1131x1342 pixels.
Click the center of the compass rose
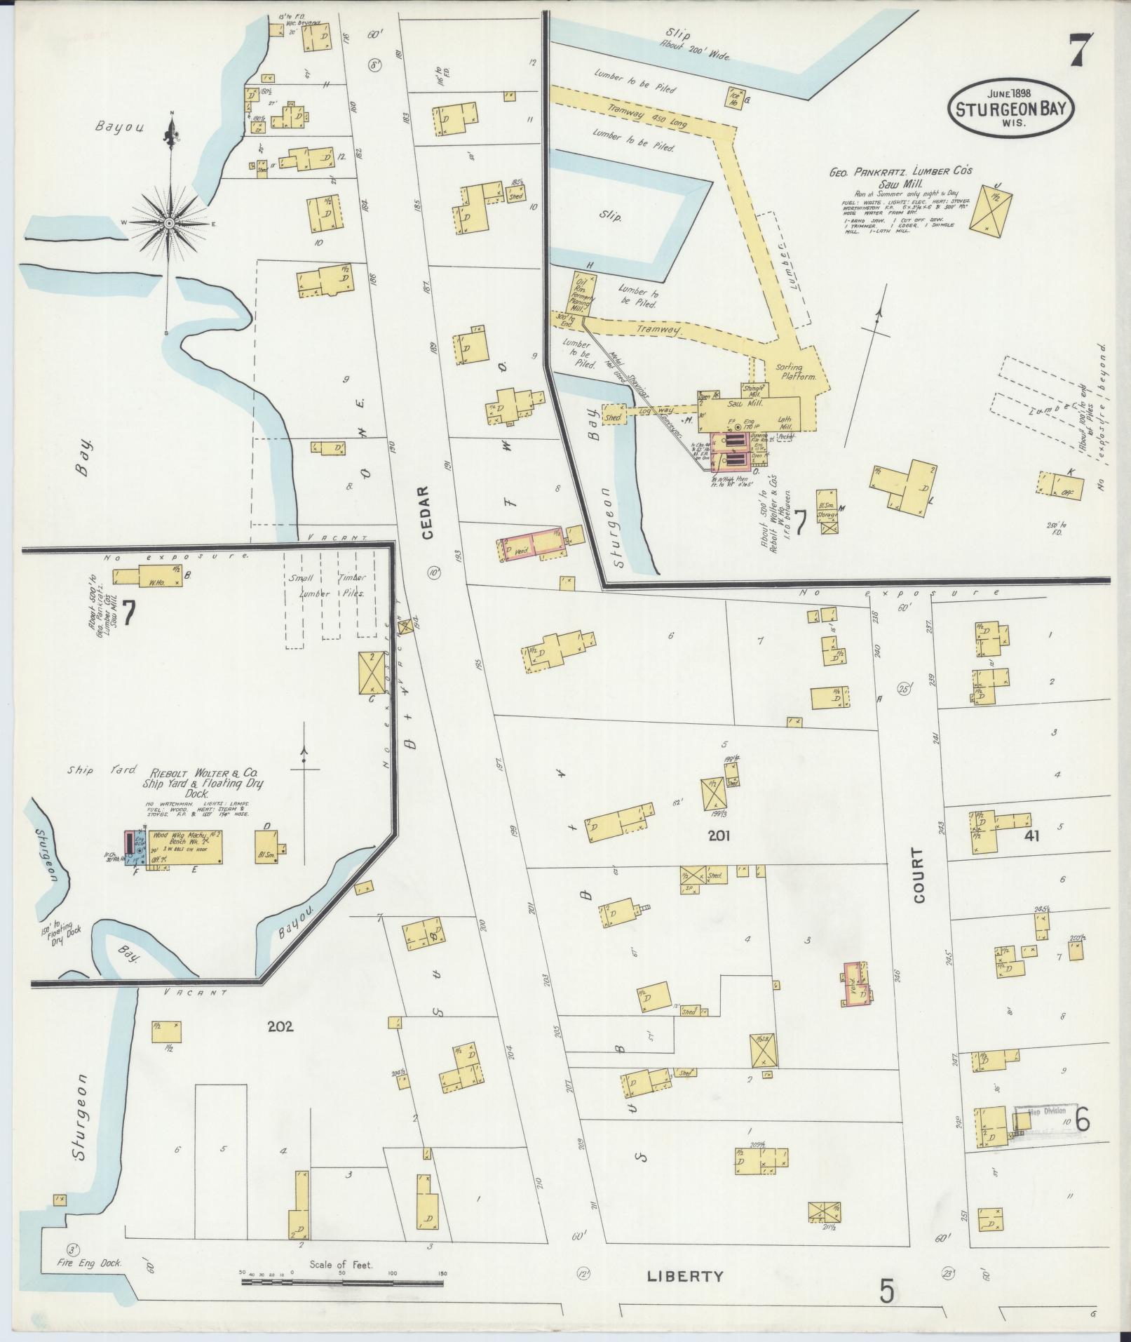(x=169, y=223)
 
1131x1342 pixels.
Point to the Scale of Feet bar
(x=342, y=1282)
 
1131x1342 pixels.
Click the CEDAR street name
(x=428, y=512)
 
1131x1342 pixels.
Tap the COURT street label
(x=919, y=875)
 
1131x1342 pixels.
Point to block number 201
(x=719, y=836)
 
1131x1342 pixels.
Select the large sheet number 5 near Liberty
(x=887, y=1291)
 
